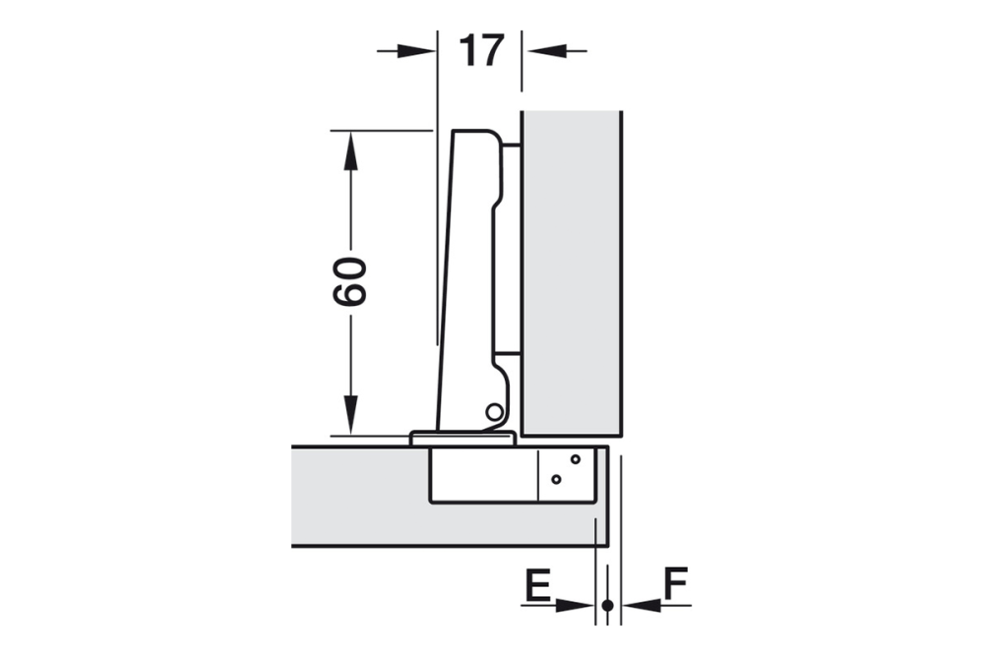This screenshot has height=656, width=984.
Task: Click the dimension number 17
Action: pyautogui.click(x=481, y=50)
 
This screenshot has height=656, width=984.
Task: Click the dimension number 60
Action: pyautogui.click(x=350, y=281)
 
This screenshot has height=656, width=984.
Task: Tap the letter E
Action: pyautogui.click(x=536, y=586)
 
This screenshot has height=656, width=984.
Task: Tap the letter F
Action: pyautogui.click(x=674, y=586)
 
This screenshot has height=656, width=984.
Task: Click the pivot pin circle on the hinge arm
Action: pyautogui.click(x=494, y=411)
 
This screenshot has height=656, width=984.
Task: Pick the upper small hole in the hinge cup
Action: pyautogui.click(x=576, y=459)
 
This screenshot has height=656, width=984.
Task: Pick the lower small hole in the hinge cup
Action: pyautogui.click(x=556, y=479)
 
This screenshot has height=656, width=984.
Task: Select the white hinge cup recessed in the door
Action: pyautogui.click(x=482, y=477)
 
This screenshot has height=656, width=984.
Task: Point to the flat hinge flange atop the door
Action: pyautogui.click(x=462, y=438)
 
